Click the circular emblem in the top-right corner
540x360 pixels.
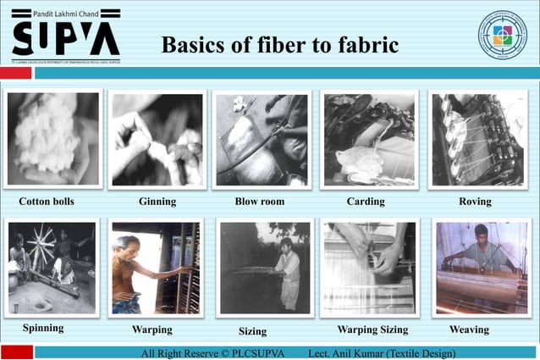[x=502, y=35]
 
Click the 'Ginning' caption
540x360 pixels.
[x=157, y=202]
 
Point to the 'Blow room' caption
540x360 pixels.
[x=259, y=202]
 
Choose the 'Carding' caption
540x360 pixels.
[x=366, y=202]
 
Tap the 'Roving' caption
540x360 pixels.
[x=475, y=202]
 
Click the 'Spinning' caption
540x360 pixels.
[x=43, y=327]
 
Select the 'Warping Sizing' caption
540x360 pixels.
[x=372, y=330]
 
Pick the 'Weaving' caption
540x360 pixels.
[x=469, y=330]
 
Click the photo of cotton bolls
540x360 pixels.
[x=52, y=138]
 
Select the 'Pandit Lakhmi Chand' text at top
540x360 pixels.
[x=66, y=13]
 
